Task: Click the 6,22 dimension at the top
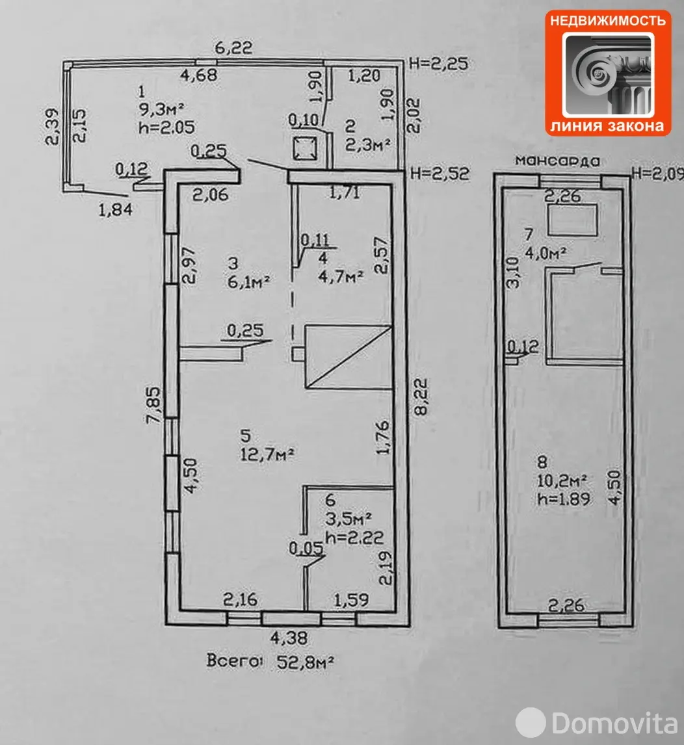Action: pyautogui.click(x=233, y=48)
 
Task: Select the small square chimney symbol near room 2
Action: pyautogui.click(x=305, y=149)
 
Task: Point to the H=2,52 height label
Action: pyautogui.click(x=440, y=174)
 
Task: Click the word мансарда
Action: pyautogui.click(x=558, y=161)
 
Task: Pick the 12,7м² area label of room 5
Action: pyautogui.click(x=267, y=454)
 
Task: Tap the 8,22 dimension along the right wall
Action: pyautogui.click(x=421, y=397)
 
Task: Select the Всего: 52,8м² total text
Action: pyautogui.click(x=270, y=661)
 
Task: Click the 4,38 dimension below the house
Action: pyautogui.click(x=289, y=638)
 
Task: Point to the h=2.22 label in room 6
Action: pyautogui.click(x=354, y=538)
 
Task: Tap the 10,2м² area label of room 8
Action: pyautogui.click(x=561, y=480)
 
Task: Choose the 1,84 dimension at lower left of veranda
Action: pyautogui.click(x=115, y=209)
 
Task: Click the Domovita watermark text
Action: pyautogui.click(x=614, y=724)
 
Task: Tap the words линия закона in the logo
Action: pyautogui.click(x=607, y=126)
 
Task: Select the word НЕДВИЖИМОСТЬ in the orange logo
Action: pyautogui.click(x=607, y=20)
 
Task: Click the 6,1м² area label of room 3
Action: pyautogui.click(x=248, y=281)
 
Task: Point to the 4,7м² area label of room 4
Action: pyautogui.click(x=341, y=276)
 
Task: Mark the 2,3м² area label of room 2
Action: pyautogui.click(x=368, y=144)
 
